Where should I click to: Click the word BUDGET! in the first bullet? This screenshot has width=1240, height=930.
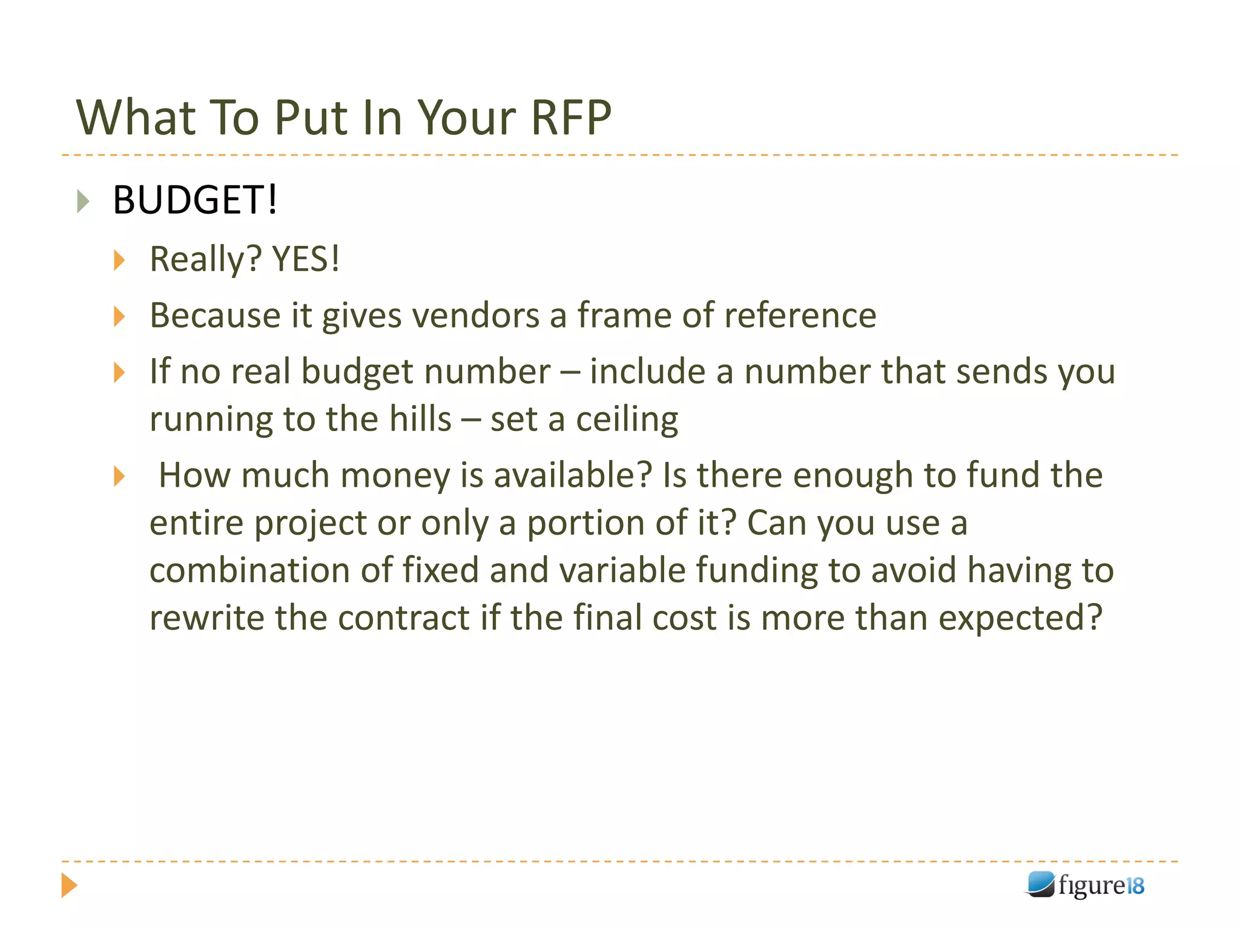pyautogui.click(x=195, y=200)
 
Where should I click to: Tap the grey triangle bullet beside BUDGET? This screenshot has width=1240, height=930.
pyautogui.click(x=84, y=201)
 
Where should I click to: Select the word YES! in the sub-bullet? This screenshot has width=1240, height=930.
pyautogui.click(x=306, y=259)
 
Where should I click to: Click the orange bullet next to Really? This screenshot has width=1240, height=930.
pyautogui.click(x=119, y=260)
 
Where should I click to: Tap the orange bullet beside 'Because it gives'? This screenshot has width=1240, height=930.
pyautogui.click(x=119, y=316)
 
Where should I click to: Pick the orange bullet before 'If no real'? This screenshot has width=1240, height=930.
pyautogui.click(x=119, y=372)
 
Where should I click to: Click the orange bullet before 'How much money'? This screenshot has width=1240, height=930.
pyautogui.click(x=119, y=477)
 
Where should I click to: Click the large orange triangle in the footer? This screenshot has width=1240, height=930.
pyautogui.click(x=69, y=885)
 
